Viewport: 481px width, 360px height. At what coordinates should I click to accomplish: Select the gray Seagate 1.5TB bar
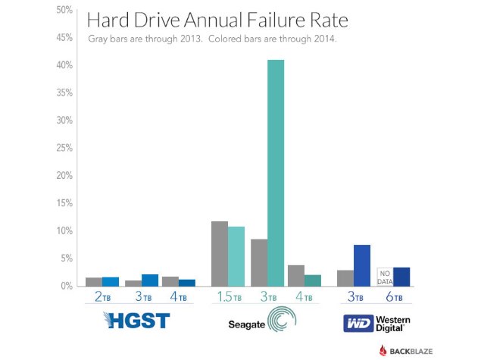click(x=219, y=254)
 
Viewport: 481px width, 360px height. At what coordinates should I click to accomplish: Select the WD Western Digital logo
click(x=376, y=324)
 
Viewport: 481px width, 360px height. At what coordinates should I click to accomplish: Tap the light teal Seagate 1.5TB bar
click(x=236, y=256)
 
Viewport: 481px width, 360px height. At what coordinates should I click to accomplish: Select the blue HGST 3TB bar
click(x=150, y=280)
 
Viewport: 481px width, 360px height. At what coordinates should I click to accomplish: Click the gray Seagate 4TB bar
click(x=296, y=275)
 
